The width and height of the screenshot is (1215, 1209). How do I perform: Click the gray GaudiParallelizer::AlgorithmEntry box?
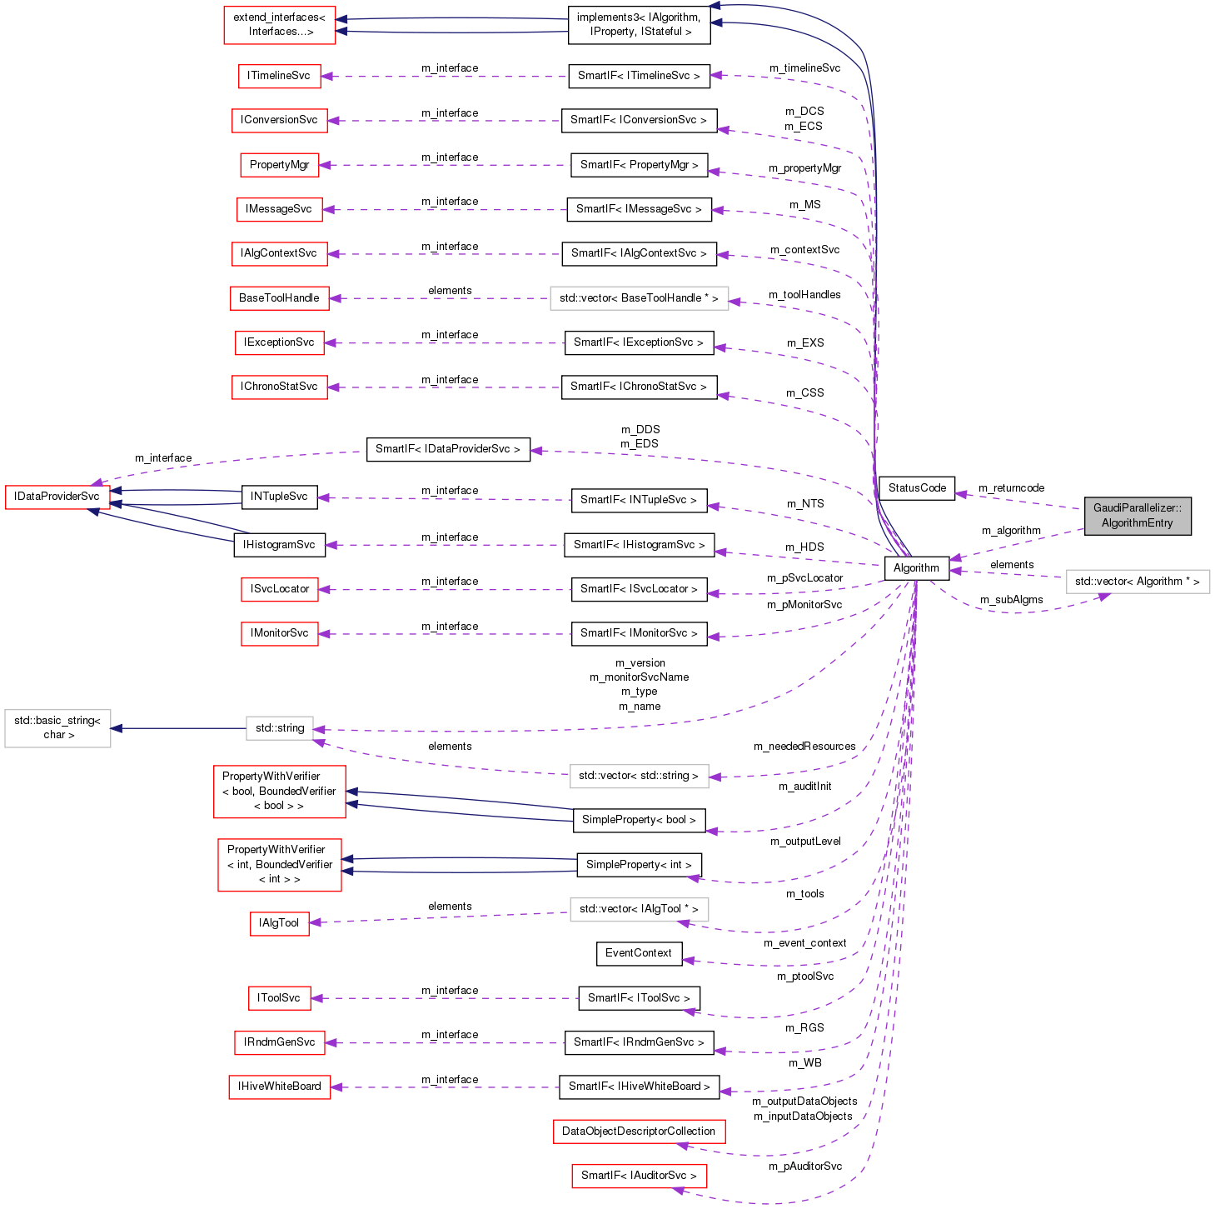coord(1137,516)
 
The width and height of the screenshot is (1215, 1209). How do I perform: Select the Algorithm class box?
coord(916,568)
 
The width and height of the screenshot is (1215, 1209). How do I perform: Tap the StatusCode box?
coord(917,488)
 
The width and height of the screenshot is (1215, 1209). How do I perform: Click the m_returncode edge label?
coord(1011,488)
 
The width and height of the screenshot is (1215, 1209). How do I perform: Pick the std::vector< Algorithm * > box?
coord(1137,582)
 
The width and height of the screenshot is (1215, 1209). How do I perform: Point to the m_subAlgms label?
coord(1011,600)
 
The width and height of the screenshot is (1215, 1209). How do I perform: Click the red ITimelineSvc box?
coord(278,76)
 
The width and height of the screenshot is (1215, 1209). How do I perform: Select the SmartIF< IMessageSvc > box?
coord(639,209)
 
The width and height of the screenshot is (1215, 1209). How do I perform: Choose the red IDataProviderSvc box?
coord(57,497)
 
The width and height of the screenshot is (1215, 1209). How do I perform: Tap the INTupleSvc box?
coord(279,497)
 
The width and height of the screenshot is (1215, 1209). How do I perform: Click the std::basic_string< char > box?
coord(57,727)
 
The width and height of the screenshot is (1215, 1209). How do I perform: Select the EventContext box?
coord(639,953)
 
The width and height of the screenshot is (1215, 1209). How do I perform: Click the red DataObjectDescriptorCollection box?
coord(639,1132)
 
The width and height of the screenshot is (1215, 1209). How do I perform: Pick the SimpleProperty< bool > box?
coord(639,820)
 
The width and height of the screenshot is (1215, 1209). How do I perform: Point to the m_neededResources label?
coord(804,747)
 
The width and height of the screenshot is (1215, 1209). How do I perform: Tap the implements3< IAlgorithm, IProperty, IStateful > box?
coord(640,24)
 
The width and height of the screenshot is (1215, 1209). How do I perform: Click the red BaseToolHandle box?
coord(279,298)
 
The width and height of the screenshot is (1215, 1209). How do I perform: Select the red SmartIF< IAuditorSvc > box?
coord(639,1176)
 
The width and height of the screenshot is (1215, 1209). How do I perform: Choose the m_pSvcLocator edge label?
coord(804,578)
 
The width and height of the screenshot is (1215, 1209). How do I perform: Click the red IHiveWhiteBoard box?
coord(279,1087)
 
